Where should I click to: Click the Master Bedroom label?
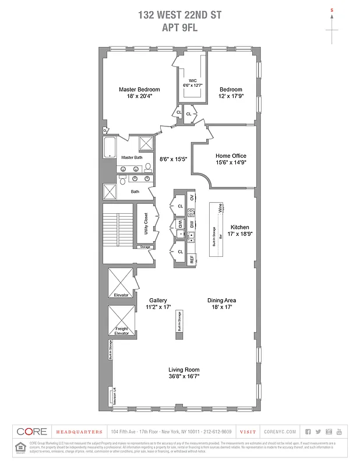click(139, 89)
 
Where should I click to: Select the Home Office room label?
click(231, 156)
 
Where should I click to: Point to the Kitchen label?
click(239, 227)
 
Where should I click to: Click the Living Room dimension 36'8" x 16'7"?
click(184, 376)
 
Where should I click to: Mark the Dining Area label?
click(221, 301)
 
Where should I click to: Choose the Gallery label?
click(158, 301)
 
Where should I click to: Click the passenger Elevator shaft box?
click(121, 283)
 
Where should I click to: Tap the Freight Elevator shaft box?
click(121, 321)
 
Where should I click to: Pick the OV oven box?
click(192, 198)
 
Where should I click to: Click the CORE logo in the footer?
click(32, 432)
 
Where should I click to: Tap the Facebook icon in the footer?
click(308, 432)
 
